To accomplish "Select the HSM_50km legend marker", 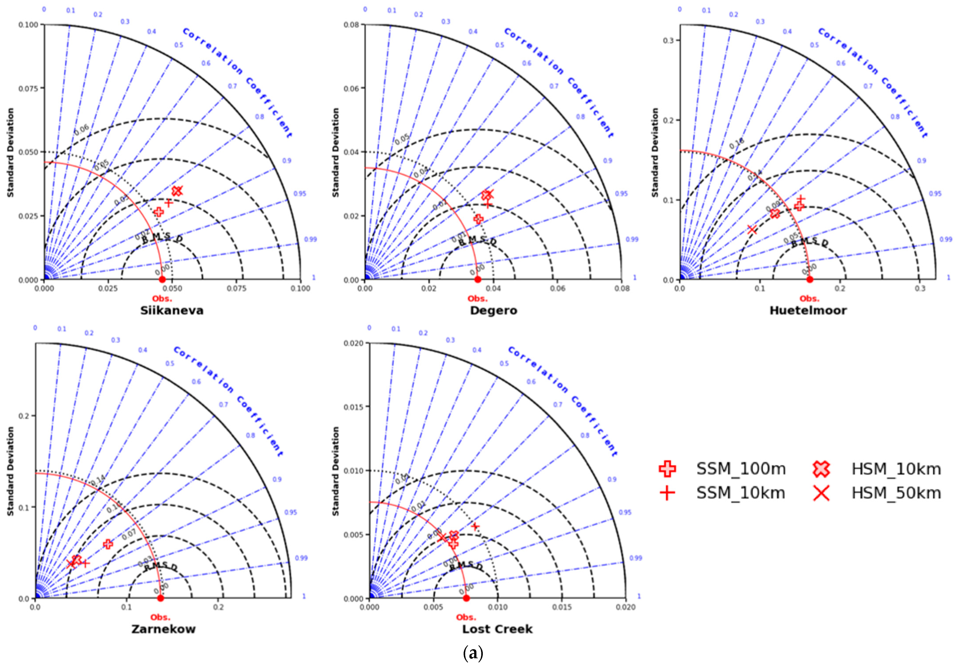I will pyautogui.click(x=821, y=493).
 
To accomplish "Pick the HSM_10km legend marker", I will pyautogui.click(x=821, y=469).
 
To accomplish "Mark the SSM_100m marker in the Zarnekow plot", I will pyautogui.click(x=108, y=544).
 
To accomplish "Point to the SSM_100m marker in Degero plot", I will pyautogui.click(x=478, y=219).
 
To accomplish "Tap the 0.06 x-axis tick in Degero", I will pyautogui.click(x=558, y=288).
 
